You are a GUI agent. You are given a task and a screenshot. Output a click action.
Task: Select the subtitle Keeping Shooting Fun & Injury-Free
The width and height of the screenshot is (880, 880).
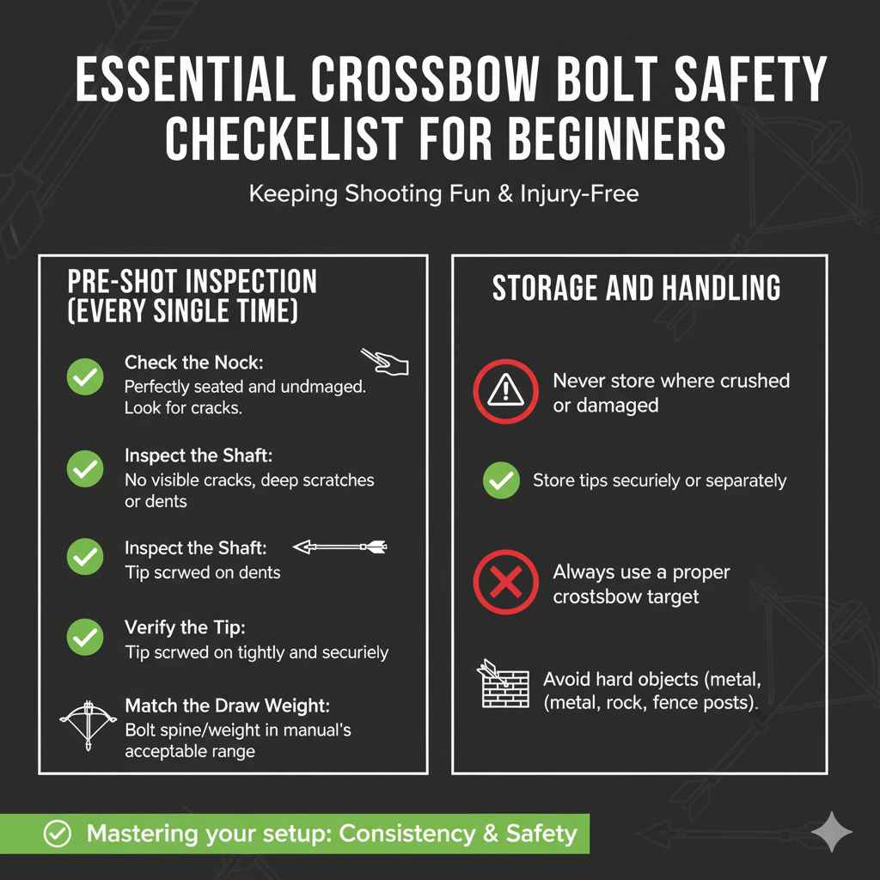pos(443,193)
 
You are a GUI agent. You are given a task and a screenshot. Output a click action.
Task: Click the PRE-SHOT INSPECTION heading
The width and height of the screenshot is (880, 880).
pos(192,281)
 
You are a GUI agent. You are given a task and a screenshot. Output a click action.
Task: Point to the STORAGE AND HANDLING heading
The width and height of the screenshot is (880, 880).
pos(636,288)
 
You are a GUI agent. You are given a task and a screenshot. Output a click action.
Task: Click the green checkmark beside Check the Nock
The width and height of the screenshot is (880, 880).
pos(85,377)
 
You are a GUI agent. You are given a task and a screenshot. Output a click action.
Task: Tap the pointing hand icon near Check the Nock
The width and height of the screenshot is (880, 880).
pos(384,362)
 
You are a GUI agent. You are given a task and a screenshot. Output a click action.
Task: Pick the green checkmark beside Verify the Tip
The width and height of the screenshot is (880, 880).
pos(85,637)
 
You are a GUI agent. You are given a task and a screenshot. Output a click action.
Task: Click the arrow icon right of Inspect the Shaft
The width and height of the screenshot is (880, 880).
pos(340,547)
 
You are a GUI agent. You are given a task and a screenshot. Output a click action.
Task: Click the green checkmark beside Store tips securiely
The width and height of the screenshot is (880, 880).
pos(501,480)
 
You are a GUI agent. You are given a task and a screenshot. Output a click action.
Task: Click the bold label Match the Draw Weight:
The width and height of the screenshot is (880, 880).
pos(228,706)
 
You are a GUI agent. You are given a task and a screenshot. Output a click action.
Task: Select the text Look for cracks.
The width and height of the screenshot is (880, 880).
pos(183,408)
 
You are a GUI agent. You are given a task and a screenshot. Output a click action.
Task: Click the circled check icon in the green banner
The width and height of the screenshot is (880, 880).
pos(57,833)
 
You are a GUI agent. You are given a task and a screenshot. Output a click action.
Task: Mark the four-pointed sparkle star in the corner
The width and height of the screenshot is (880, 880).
pos(832,831)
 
